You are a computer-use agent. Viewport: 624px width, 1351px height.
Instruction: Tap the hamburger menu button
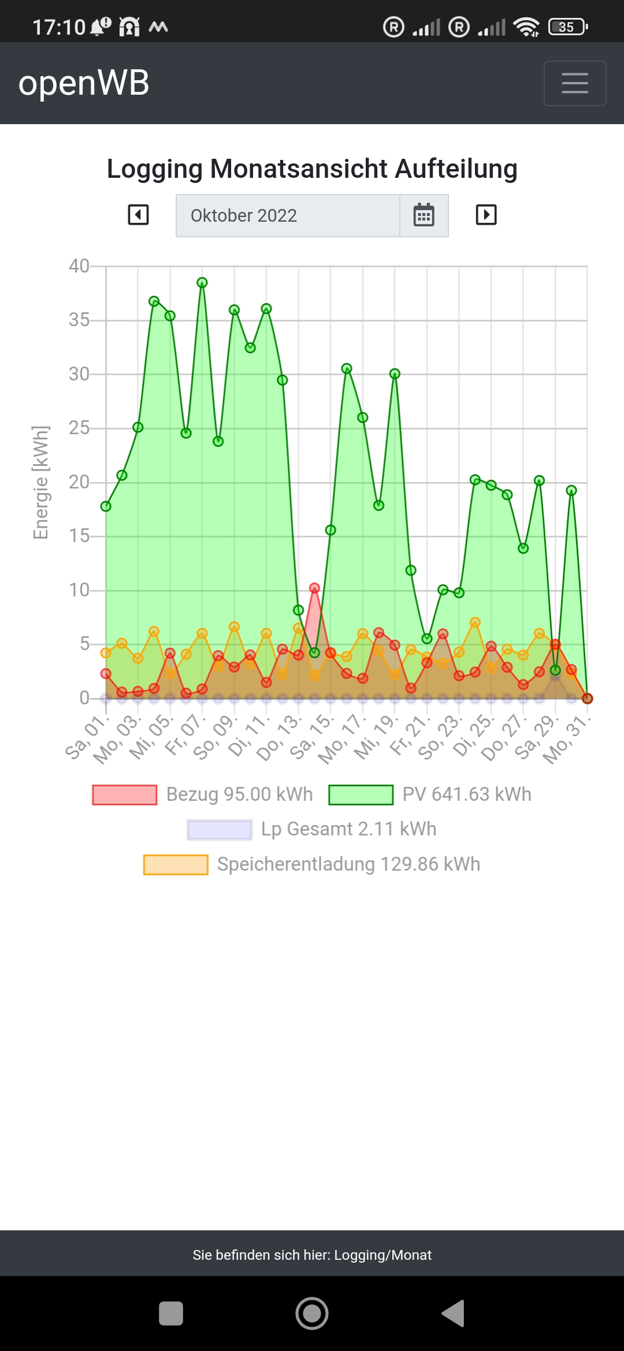pyautogui.click(x=574, y=83)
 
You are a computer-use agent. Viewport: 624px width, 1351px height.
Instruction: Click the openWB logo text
pyautogui.click(x=84, y=83)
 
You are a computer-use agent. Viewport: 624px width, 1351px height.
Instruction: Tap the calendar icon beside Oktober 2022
pyautogui.click(x=424, y=215)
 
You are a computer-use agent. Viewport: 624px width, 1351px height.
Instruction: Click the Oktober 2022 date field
pyautogui.click(x=288, y=215)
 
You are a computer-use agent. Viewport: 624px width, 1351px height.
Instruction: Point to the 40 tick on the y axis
pyautogui.click(x=79, y=266)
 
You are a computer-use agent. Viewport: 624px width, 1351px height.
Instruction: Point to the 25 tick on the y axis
pyautogui.click(x=79, y=428)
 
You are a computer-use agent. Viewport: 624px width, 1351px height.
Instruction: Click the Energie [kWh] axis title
pyautogui.click(x=41, y=482)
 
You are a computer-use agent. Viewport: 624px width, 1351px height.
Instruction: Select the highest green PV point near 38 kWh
pyautogui.click(x=202, y=282)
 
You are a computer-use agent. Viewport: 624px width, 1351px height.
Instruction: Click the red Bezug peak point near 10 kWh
pyautogui.click(x=314, y=588)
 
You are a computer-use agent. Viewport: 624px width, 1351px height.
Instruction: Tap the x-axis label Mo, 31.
pyautogui.click(x=567, y=740)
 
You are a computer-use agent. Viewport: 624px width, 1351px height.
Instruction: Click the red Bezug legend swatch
pyautogui.click(x=125, y=794)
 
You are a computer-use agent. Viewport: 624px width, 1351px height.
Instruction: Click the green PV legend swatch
pyautogui.click(x=361, y=794)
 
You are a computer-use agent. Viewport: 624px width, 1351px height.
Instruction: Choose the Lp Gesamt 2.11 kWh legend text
pyautogui.click(x=348, y=829)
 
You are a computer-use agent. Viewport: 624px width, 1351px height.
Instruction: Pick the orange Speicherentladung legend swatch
pyautogui.click(x=176, y=864)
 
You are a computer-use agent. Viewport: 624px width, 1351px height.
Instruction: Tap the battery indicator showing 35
pyautogui.click(x=567, y=27)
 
